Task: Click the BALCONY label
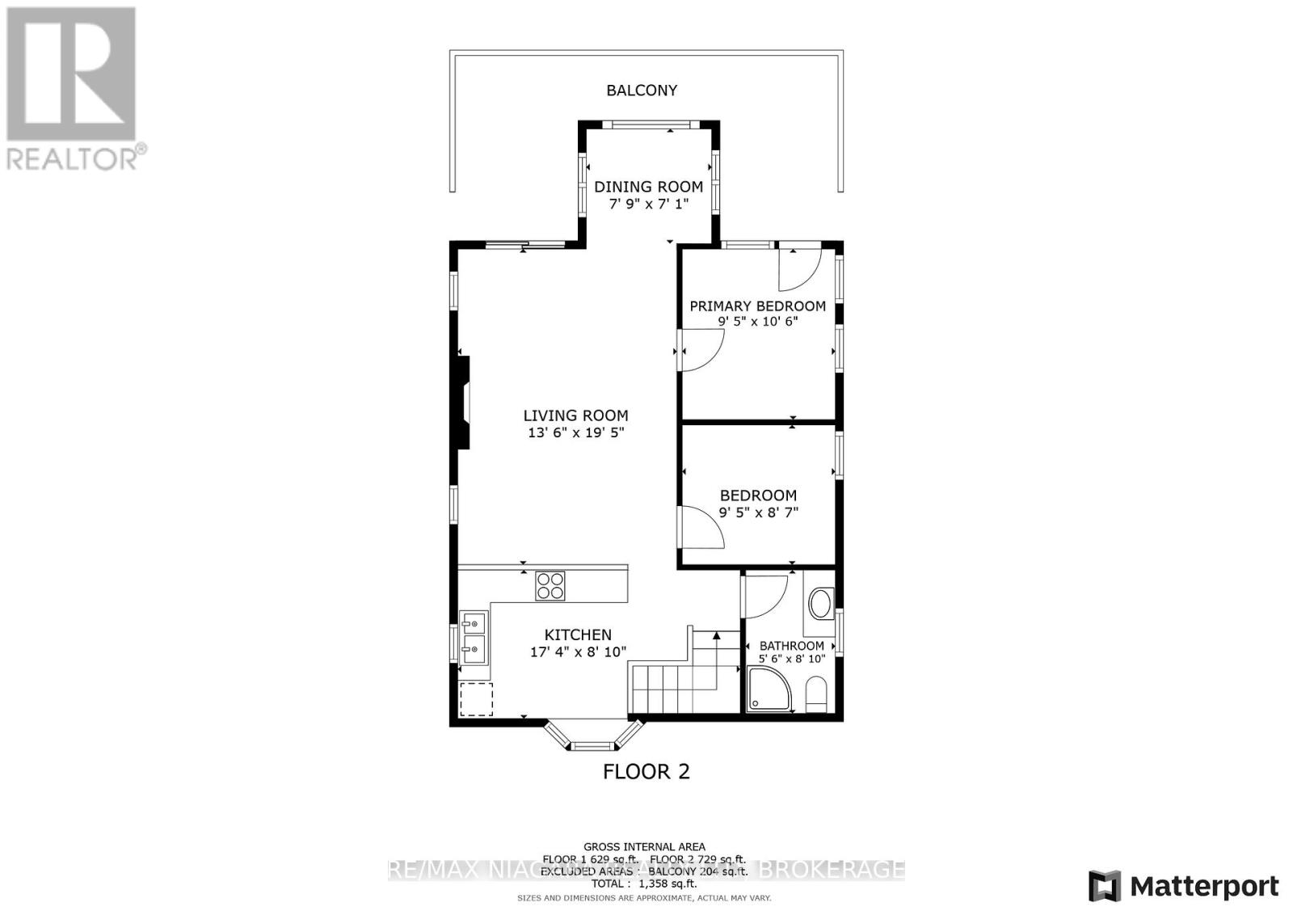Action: [642, 91]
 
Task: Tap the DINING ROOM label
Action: [648, 187]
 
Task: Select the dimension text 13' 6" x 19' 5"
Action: [575, 433]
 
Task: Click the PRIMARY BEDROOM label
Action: [757, 306]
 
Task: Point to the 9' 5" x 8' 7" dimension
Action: [758, 512]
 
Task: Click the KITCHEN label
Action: [578, 635]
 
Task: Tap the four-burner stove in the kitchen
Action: [550, 585]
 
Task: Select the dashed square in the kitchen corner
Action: [476, 699]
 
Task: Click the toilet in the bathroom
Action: [817, 694]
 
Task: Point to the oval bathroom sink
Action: [821, 604]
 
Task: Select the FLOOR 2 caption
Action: [646, 772]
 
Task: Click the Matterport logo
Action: [1183, 886]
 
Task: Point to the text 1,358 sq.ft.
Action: [667, 884]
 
